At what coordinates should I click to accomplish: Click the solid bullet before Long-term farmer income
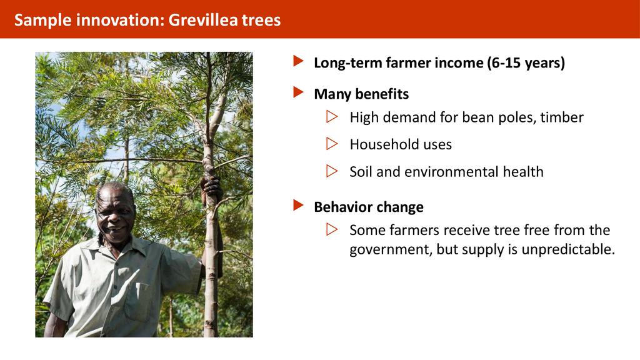click(x=298, y=61)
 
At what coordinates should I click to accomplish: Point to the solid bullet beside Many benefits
click(x=298, y=92)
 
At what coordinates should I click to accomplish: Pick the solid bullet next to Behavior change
click(x=298, y=205)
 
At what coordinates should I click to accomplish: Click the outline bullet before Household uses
click(x=332, y=144)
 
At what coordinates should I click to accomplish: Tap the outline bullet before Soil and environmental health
click(x=332, y=171)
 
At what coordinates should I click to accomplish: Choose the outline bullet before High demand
click(x=332, y=117)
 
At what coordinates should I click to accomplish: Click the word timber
click(x=562, y=117)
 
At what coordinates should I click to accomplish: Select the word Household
click(x=382, y=144)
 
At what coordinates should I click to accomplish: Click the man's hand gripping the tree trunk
click(x=212, y=189)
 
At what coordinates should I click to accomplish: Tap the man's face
click(x=114, y=216)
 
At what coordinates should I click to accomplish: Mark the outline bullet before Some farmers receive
click(x=332, y=229)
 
